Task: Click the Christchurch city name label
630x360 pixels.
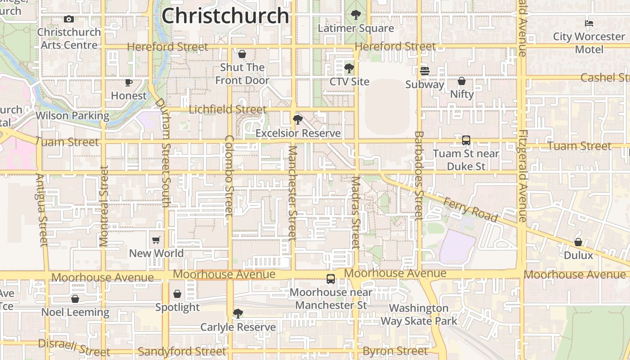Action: (225, 16)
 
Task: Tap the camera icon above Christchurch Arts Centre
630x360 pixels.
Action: (69, 19)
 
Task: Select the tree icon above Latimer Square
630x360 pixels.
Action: (355, 15)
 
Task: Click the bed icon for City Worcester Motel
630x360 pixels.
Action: (589, 23)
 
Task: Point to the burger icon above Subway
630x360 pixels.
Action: (424, 71)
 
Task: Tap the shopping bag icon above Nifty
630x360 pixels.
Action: (462, 81)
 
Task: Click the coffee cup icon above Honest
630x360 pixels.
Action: (129, 82)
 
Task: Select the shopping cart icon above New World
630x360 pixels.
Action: (156, 240)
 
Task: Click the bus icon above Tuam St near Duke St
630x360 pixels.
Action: (466, 140)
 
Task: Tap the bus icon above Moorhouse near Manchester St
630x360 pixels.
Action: (331, 279)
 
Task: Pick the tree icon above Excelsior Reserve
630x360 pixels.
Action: (297, 120)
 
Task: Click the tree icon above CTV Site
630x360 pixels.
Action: (349, 68)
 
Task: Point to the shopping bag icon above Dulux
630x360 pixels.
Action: (578, 242)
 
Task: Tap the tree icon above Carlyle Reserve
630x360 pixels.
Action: (238, 314)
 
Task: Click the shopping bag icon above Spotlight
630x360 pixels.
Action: (177, 294)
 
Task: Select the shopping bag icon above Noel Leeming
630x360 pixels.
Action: (75, 299)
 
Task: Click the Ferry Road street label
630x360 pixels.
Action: (470, 210)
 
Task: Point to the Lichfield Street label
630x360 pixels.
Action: (228, 109)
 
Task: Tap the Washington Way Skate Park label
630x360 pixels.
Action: (418, 315)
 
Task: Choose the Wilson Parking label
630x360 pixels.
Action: (72, 116)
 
